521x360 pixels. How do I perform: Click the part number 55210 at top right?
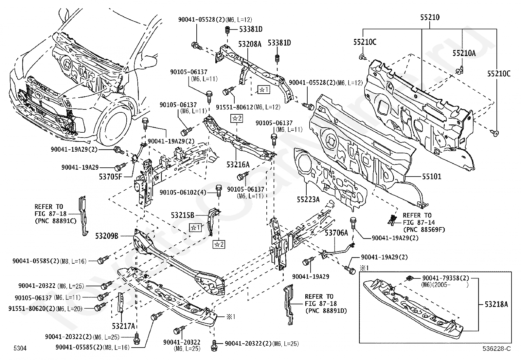pos(430,17)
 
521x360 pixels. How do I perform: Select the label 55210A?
pos(464,53)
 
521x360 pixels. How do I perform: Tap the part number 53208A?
pos(250,44)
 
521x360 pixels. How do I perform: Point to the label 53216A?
pos(238,165)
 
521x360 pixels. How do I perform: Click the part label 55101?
pos(432,177)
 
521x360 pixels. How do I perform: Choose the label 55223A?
pos(308,199)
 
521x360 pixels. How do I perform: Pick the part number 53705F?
pos(111,177)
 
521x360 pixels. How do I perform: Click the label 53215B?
pos(183,215)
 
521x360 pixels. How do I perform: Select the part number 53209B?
pos(107,236)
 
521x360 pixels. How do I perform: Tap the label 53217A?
pos(123,326)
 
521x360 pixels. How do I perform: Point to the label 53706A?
pos(336,232)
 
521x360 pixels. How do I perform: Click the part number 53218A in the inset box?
pos(496,304)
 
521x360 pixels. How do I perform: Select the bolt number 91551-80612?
pos(234,107)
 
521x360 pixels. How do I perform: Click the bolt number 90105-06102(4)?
pos(183,193)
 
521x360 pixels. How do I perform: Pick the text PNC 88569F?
pos(424,230)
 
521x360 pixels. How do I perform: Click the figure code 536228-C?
pos(496,348)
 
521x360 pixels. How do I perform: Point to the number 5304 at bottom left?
pos(20,348)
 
